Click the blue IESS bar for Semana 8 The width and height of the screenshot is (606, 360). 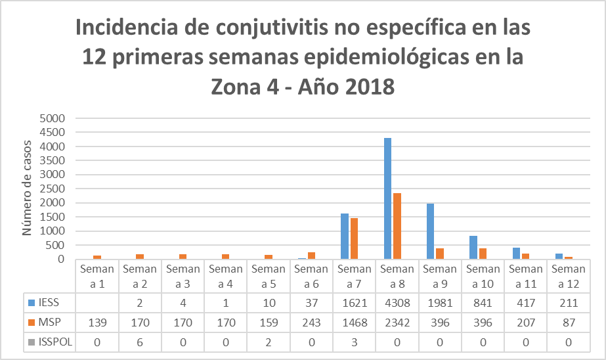[x=387, y=198]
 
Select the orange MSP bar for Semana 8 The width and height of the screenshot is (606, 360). [x=397, y=226]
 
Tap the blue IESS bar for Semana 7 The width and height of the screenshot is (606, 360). [x=345, y=236]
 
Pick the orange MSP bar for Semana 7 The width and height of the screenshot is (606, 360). [x=354, y=238]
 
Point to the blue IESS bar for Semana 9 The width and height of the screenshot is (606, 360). [x=431, y=231]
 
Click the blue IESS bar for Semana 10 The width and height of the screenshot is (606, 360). [x=473, y=247]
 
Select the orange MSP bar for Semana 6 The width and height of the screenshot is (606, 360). [x=311, y=256]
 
